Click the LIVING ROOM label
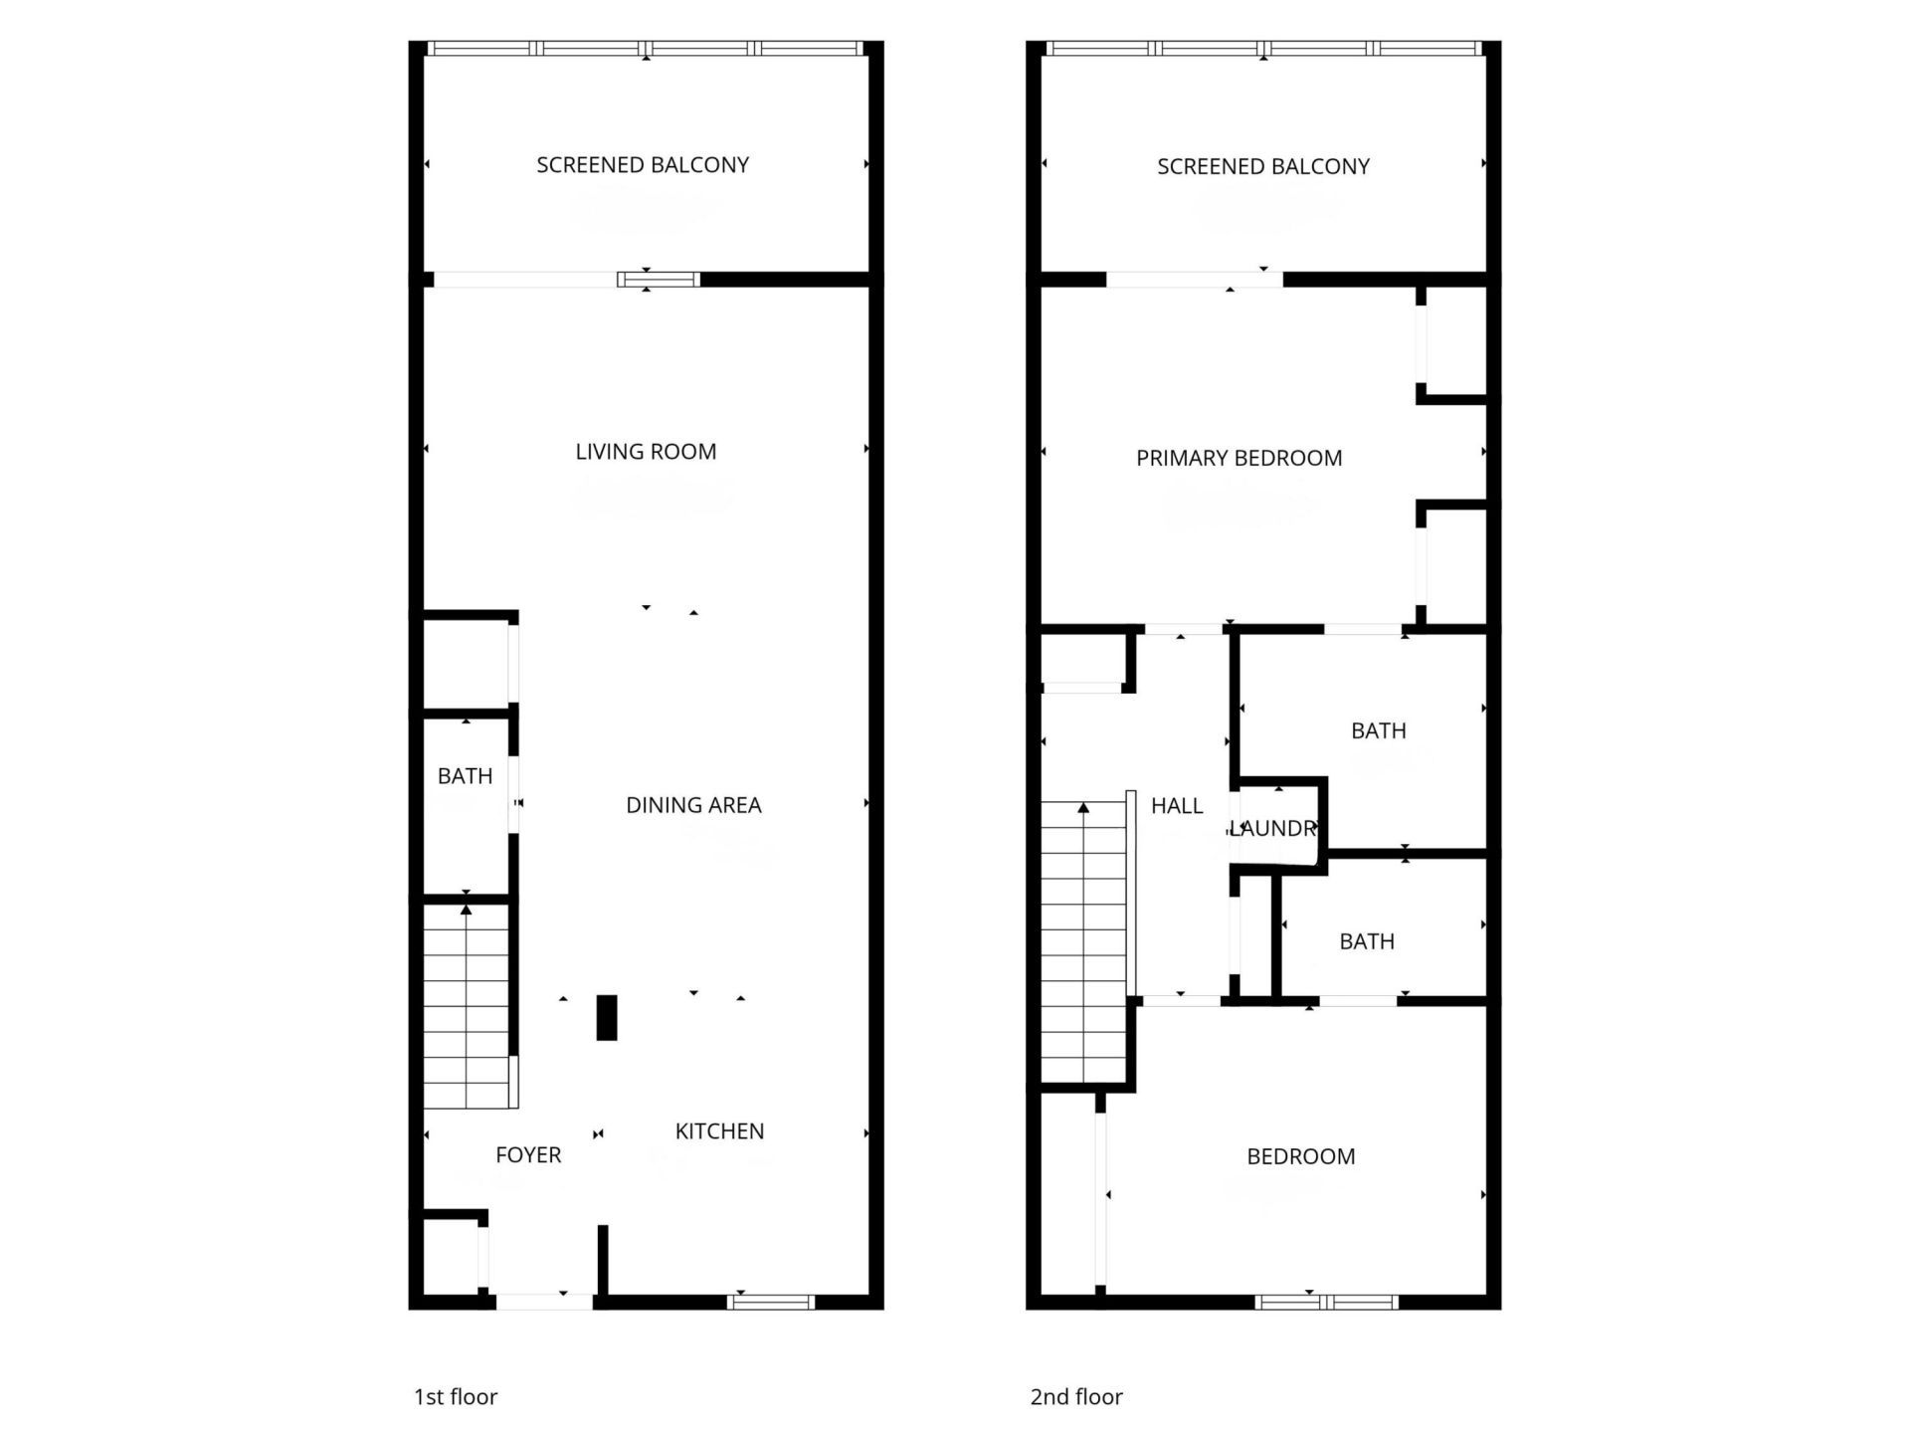646,452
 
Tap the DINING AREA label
693,805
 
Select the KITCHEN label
719,1131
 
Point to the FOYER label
528,1155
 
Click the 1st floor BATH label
465,776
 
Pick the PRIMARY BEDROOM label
1239,459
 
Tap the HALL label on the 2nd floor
1177,806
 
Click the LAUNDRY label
1274,828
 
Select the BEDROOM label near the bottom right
1300,1156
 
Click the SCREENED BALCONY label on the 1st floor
643,165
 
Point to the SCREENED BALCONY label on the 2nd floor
1263,167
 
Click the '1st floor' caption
456,1397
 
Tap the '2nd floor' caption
1076,1397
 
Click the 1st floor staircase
466,1005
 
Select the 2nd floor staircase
1082,945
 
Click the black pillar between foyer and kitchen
606,1018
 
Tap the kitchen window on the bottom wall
771,1302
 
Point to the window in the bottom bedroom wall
1326,1302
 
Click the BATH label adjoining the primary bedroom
1378,731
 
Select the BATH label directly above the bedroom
1366,941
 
